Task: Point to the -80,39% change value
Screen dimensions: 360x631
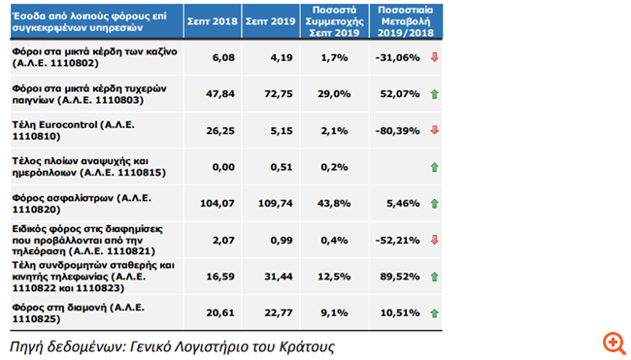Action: tap(396, 130)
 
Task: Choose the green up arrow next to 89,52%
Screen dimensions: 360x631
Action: tap(434, 277)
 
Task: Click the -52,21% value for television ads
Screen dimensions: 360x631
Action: tap(396, 240)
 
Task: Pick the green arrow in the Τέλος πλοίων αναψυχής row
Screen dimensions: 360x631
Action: tap(434, 167)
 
